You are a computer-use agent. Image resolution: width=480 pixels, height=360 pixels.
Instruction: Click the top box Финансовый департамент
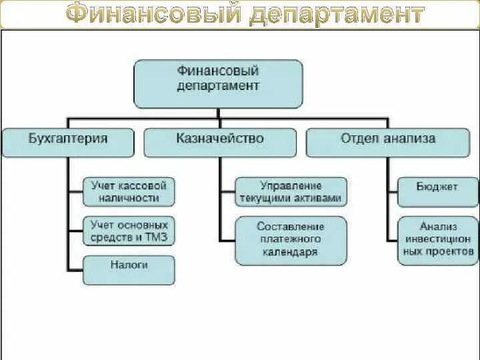pos(218,83)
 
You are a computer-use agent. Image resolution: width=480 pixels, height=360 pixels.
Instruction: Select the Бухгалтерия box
pos(69,143)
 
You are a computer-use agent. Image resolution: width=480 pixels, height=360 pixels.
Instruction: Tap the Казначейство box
pos(220,143)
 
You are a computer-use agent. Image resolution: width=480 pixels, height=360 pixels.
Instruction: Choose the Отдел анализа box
pos(388,143)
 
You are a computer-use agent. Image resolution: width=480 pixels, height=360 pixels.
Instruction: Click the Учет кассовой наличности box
pos(129,191)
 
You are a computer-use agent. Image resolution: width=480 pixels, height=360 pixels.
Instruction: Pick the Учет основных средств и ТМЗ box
pos(129,230)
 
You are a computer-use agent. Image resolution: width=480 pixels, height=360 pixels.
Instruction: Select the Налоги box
pos(129,269)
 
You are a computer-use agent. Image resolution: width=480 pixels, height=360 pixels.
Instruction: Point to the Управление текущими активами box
pos(291,191)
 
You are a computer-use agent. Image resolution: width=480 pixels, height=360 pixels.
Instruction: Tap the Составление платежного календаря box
pos(291,239)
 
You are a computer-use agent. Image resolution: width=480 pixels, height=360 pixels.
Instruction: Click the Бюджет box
pos(437,191)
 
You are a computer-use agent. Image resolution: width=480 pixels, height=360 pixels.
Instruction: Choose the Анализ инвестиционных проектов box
pos(437,239)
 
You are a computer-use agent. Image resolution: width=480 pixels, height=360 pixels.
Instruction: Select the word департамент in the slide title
pos(337,14)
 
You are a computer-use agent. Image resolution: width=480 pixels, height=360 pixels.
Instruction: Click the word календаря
pos(291,251)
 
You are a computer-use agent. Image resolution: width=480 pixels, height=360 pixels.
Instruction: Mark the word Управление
pos(291,185)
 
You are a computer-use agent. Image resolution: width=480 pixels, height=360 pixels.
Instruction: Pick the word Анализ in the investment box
pos(437,227)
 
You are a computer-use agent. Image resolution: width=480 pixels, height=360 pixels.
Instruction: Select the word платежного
pos(291,239)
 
